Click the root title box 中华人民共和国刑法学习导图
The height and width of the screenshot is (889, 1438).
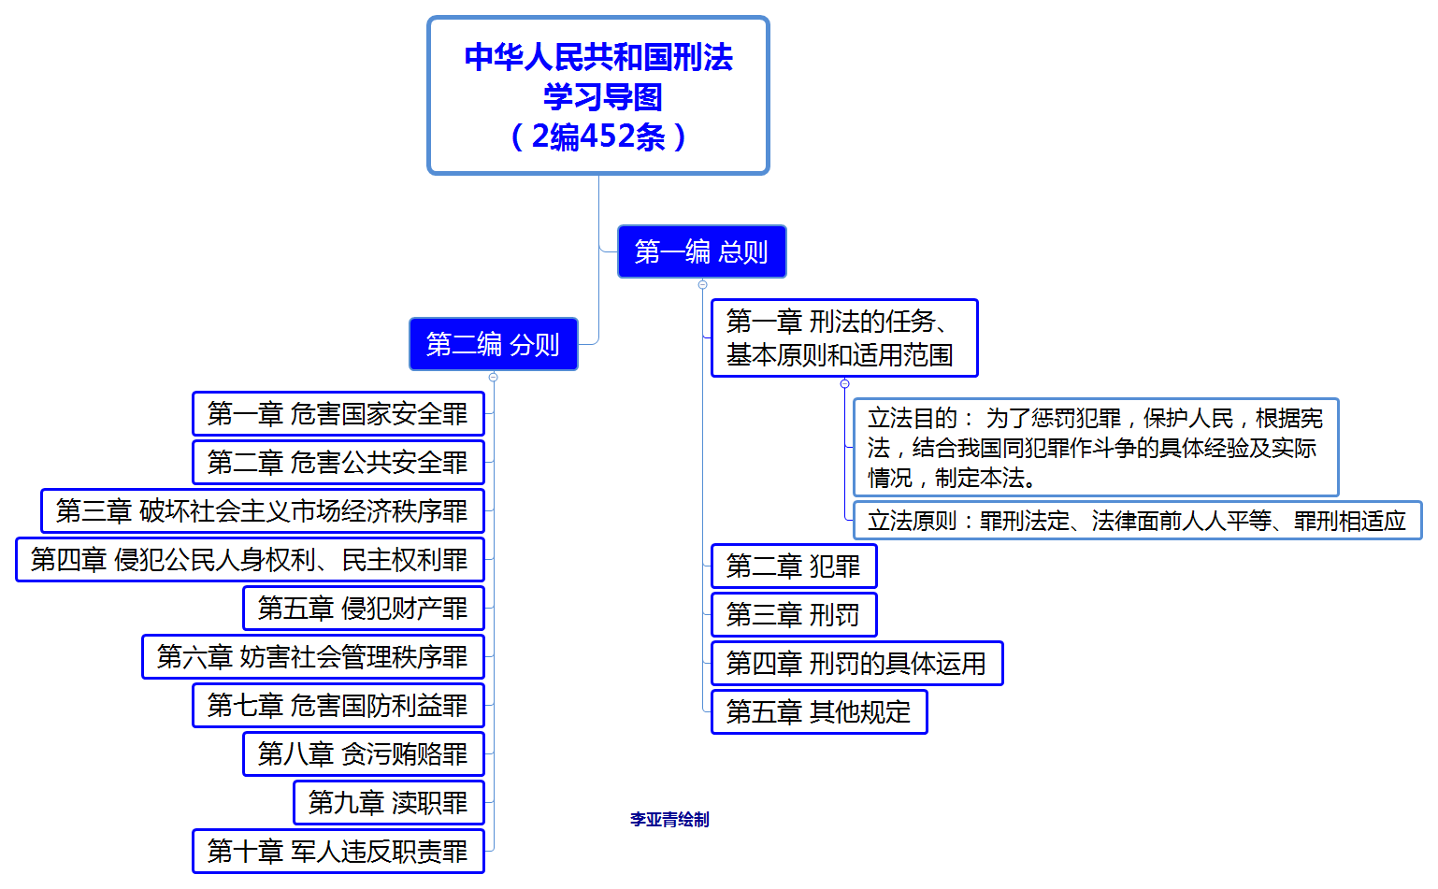(598, 95)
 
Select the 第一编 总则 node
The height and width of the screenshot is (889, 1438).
(701, 251)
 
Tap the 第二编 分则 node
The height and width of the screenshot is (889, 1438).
(493, 344)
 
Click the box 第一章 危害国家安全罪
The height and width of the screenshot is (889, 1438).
(338, 414)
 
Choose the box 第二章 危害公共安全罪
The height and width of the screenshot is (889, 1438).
(338, 463)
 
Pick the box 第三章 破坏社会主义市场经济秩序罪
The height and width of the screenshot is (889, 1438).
(262, 511)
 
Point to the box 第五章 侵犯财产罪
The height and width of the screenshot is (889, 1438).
(363, 609)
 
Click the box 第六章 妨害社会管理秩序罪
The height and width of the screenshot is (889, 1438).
(312, 657)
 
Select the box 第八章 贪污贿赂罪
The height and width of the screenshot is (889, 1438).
(363, 754)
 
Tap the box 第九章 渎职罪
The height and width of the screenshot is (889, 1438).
(388, 803)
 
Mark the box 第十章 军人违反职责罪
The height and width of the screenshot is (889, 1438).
(338, 852)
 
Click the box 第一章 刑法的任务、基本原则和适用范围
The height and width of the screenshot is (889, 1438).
(843, 338)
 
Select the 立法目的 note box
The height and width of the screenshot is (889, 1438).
(1095, 448)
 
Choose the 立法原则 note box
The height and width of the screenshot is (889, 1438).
(1137, 521)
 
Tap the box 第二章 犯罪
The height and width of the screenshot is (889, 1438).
(794, 566)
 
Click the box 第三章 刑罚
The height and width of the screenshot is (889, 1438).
(794, 615)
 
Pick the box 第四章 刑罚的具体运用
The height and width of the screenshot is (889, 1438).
(856, 664)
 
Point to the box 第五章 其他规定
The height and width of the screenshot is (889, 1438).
(819, 712)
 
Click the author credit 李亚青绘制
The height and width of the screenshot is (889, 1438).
(669, 820)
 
